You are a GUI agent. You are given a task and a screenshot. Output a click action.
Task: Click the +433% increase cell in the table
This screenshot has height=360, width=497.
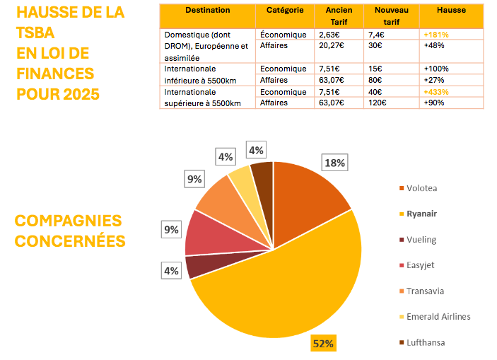(x=436, y=91)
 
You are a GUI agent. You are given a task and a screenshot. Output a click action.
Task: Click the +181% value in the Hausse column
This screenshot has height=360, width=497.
(x=436, y=34)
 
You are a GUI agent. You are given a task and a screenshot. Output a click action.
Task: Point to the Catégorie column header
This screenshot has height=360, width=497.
(x=285, y=11)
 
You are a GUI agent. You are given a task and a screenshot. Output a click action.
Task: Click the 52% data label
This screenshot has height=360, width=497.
(x=324, y=344)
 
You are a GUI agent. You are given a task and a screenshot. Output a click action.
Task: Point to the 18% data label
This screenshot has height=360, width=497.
(x=334, y=163)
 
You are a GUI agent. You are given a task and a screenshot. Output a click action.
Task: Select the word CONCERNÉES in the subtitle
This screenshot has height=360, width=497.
(x=70, y=240)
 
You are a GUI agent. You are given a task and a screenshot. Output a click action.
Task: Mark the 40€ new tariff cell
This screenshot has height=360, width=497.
(x=375, y=91)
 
